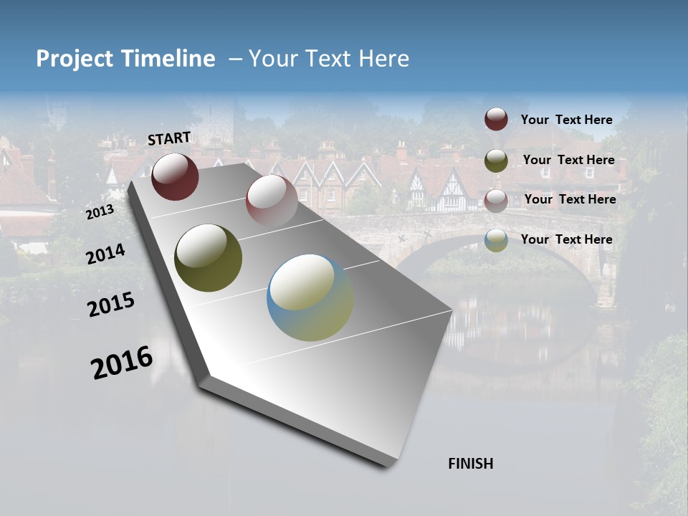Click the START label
pos(169,138)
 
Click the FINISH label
pos(470,464)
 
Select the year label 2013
pos(100,212)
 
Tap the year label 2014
pos(106,254)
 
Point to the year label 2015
pos(111,305)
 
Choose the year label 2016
pos(122,363)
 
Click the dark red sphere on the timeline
pos(175,176)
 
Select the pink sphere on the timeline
pos(271,200)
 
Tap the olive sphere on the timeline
pos(208,258)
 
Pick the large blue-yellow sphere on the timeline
pos(310,297)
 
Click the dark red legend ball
pos(496,119)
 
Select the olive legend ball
pos(496,161)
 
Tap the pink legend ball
pos(496,201)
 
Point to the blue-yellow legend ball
pos(496,240)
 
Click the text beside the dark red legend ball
pos(566,120)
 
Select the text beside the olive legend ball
pos(568,160)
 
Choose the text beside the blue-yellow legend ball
pos(566,239)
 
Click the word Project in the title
pos(75,59)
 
